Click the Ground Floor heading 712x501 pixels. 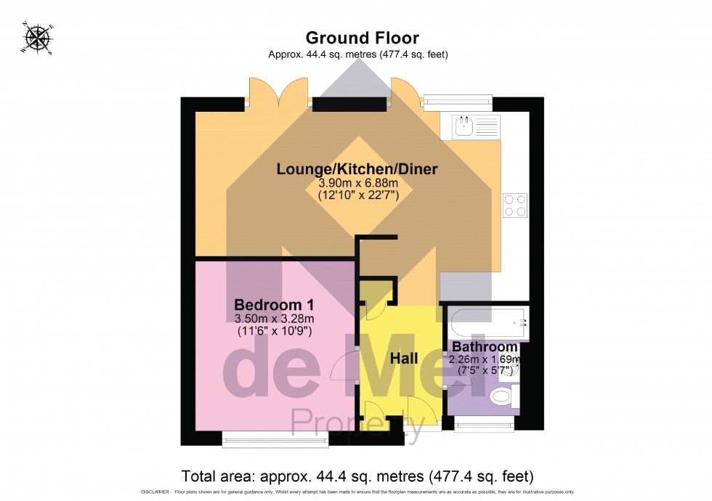pyautogui.click(x=362, y=38)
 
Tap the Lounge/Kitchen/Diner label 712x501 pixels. pyautogui.click(x=357, y=169)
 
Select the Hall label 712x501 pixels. pyautogui.click(x=404, y=358)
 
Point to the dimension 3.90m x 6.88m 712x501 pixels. pyautogui.click(x=356, y=184)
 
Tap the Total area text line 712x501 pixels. pyautogui.click(x=357, y=476)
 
